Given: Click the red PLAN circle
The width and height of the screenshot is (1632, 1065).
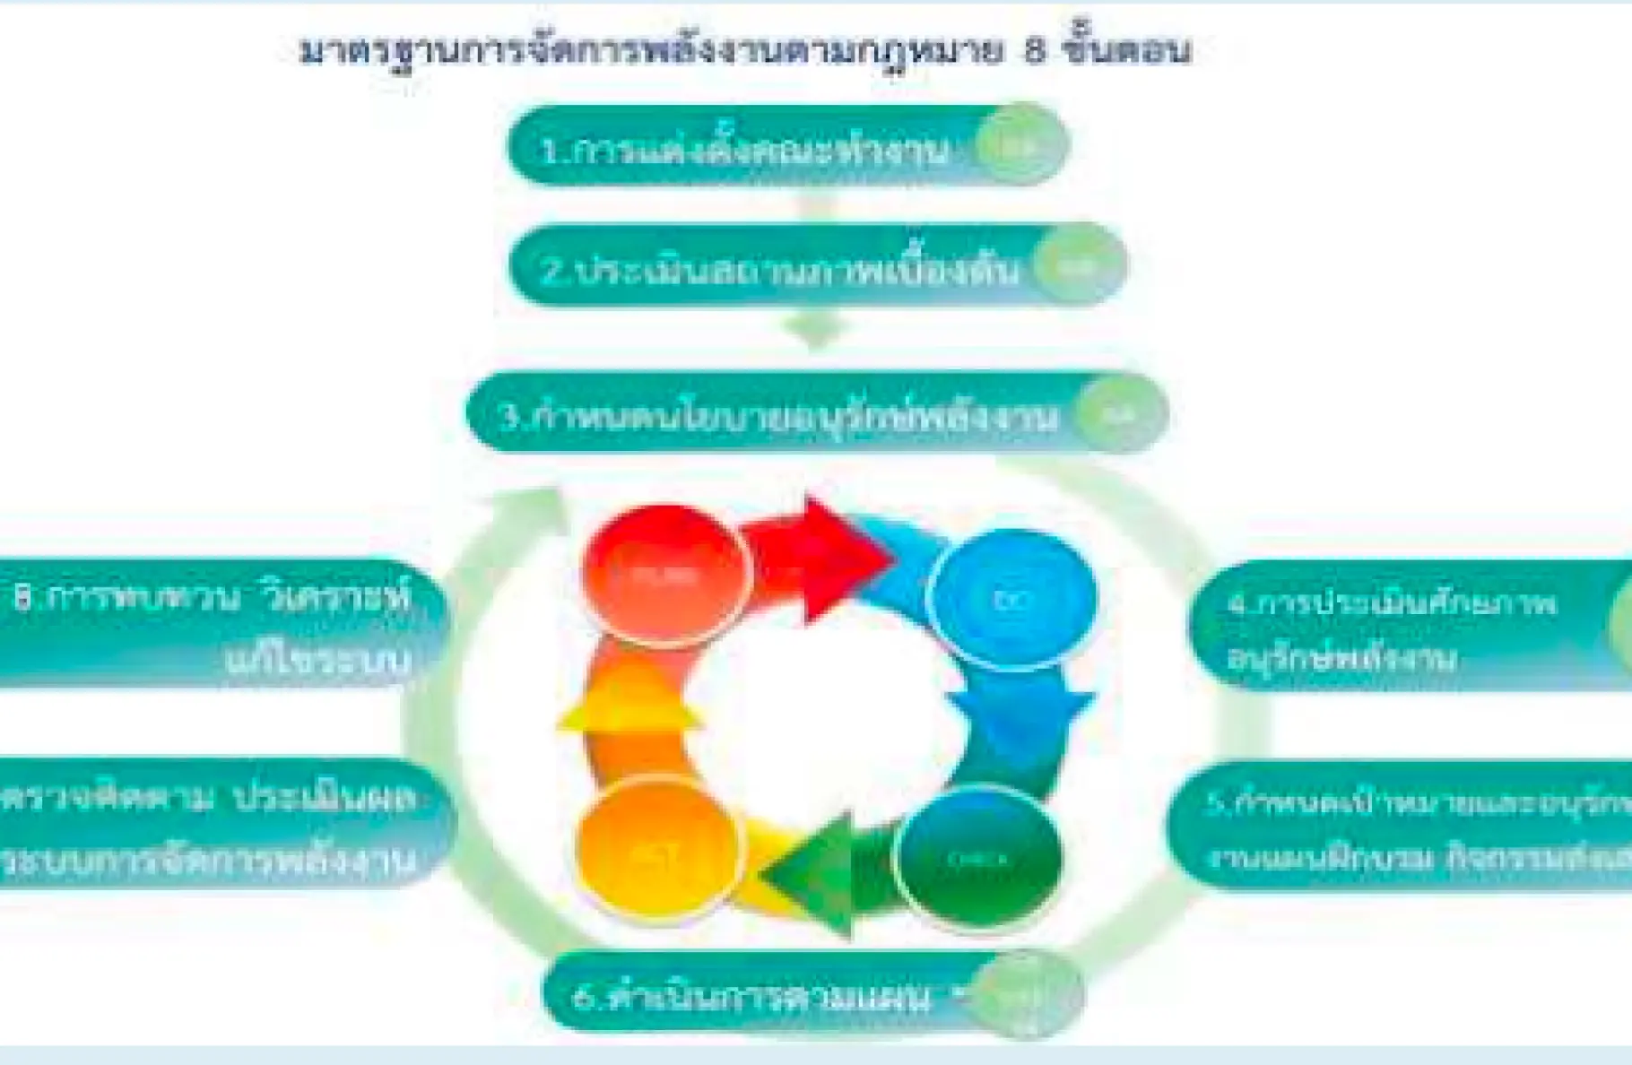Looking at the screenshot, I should click(664, 574).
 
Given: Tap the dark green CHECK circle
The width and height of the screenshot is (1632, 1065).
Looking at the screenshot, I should click(978, 857).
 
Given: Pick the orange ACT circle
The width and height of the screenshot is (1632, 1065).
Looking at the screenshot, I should click(659, 853).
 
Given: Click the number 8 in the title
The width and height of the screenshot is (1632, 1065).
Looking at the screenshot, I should click(1035, 51).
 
